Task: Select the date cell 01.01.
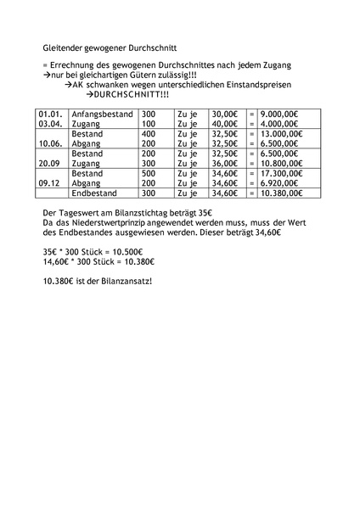point(50,113)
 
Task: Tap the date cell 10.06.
point(50,143)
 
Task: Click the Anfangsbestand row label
point(100,113)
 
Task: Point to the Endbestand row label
point(94,193)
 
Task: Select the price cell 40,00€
point(224,123)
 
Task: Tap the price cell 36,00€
point(224,163)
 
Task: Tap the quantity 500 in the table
point(149,173)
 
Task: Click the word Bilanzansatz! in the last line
point(125,282)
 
